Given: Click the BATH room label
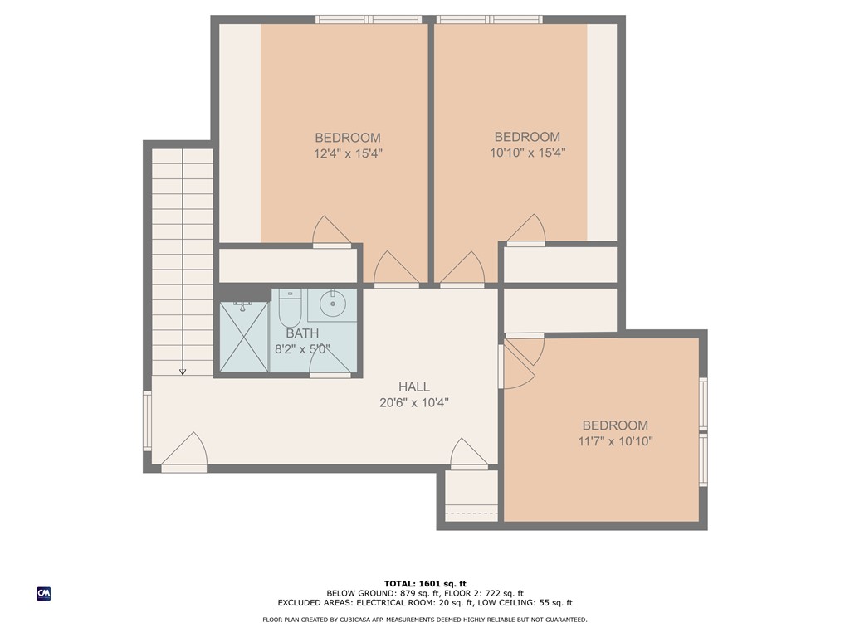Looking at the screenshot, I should (x=302, y=333).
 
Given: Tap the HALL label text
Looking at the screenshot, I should (x=413, y=387).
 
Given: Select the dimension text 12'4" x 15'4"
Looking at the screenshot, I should (x=348, y=153).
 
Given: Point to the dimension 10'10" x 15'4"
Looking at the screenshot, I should (x=527, y=153).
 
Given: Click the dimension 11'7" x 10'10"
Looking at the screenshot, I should (x=615, y=441).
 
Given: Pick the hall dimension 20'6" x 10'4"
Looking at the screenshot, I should (x=413, y=403).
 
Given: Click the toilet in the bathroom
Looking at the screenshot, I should (x=290, y=309).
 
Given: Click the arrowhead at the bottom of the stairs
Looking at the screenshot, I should (x=183, y=372).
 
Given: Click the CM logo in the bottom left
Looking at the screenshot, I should (x=43, y=594).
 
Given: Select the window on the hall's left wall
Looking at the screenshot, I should (x=148, y=421).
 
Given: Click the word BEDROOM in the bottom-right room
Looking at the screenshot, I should (x=615, y=425).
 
